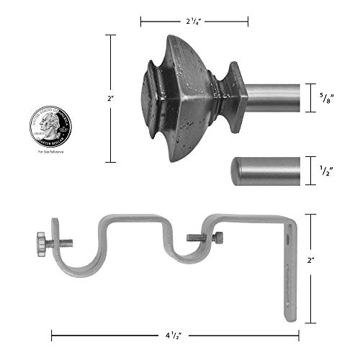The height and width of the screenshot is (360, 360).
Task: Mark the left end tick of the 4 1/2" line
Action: pos(52,334)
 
